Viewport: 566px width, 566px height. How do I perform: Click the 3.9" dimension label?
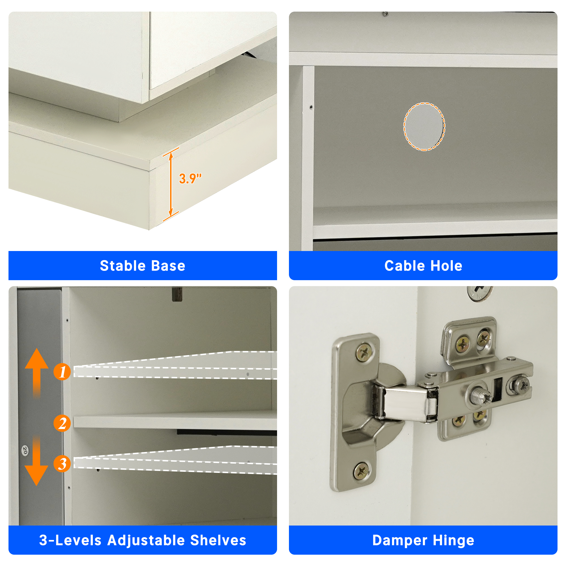click(x=190, y=178)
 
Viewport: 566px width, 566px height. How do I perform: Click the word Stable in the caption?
click(x=123, y=266)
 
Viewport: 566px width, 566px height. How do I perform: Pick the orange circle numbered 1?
click(x=62, y=372)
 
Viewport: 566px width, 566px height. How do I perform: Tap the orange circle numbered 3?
click(x=62, y=464)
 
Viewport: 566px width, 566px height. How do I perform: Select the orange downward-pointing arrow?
click(x=37, y=461)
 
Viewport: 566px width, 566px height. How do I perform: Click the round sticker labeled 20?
click(x=25, y=450)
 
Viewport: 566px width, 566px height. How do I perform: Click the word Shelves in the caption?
click(x=218, y=540)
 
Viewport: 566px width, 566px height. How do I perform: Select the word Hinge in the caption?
click(x=453, y=541)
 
